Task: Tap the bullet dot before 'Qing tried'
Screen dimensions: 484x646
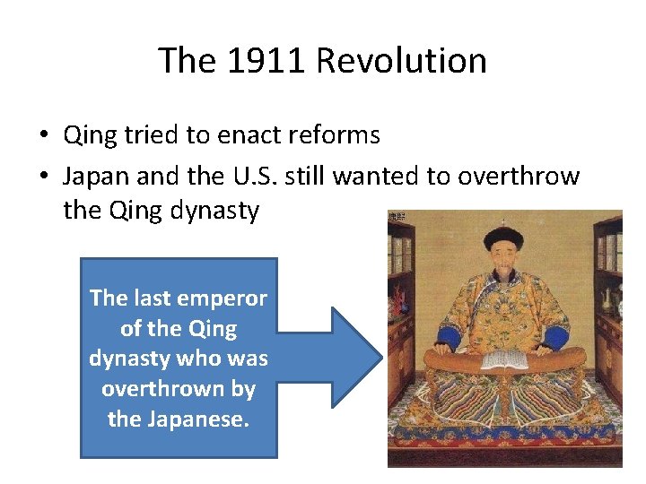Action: [43, 136]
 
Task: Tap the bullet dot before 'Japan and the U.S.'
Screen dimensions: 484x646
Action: [43, 177]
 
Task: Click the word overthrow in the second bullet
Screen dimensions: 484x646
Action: [519, 177]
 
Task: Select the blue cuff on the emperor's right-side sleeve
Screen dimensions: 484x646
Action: [555, 338]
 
